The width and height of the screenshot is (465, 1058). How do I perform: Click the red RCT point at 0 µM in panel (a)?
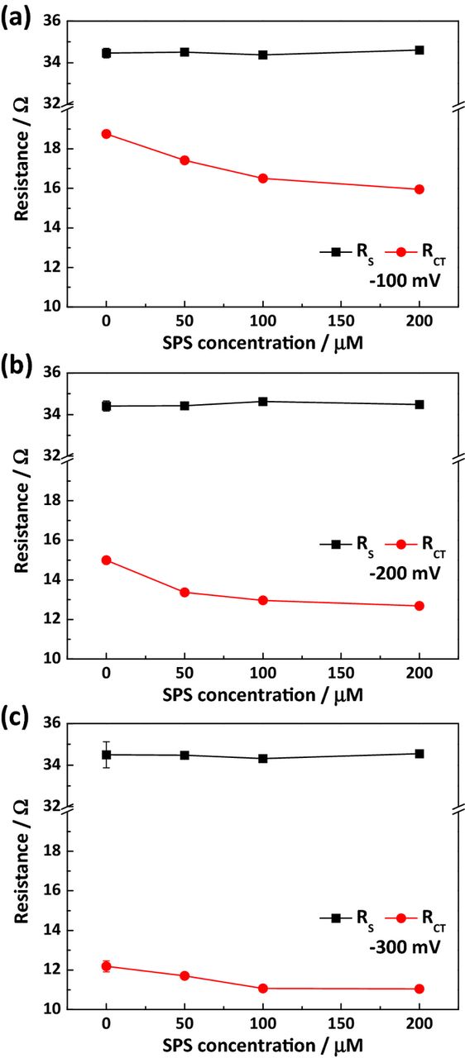[106, 134]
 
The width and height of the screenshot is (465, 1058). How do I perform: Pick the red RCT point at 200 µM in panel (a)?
[419, 189]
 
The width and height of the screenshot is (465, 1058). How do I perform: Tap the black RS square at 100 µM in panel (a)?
[263, 55]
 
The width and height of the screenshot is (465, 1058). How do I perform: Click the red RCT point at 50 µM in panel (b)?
[185, 592]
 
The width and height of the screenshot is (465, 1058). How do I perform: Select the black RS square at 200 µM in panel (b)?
[419, 404]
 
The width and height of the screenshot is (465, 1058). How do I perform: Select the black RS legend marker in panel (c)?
[336, 918]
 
